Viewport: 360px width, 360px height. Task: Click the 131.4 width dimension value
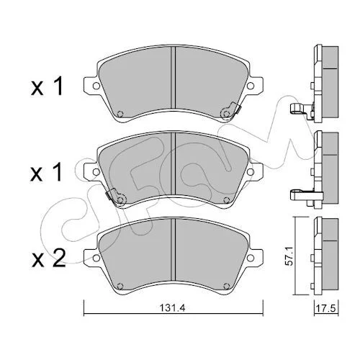(x=174, y=307)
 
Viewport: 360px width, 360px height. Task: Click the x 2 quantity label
(x=48, y=258)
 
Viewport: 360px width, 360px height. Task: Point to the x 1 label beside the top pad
(x=47, y=86)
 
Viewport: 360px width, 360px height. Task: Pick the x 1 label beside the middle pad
(x=47, y=172)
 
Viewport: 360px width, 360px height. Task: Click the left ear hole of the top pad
(x=96, y=86)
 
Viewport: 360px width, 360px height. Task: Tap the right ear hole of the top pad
(x=251, y=86)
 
